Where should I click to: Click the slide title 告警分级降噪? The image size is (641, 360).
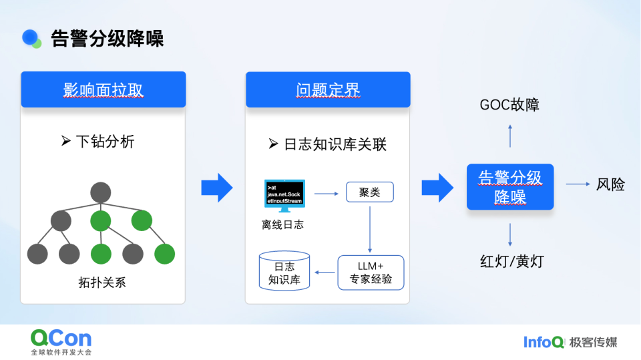click(107, 38)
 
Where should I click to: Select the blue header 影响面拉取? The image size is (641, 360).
click(103, 89)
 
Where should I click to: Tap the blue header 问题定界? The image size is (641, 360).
click(328, 89)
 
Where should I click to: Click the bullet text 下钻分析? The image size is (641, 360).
click(105, 142)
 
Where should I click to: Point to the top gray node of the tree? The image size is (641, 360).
click(100, 192)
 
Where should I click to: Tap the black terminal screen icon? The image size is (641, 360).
click(284, 194)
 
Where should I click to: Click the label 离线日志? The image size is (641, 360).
click(282, 225)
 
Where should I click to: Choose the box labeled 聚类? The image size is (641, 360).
click(369, 192)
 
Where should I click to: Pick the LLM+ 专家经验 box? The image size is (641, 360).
click(371, 273)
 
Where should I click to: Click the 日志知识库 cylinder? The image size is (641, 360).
click(284, 271)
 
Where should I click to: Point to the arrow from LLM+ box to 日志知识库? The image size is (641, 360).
click(326, 272)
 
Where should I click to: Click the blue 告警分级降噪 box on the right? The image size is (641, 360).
click(510, 187)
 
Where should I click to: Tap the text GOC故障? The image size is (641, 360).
click(509, 105)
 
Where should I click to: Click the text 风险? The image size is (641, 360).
click(610, 184)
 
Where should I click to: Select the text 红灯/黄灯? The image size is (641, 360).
click(511, 261)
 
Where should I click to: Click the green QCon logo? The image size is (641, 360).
click(61, 338)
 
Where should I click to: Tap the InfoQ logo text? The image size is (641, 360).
click(544, 342)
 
